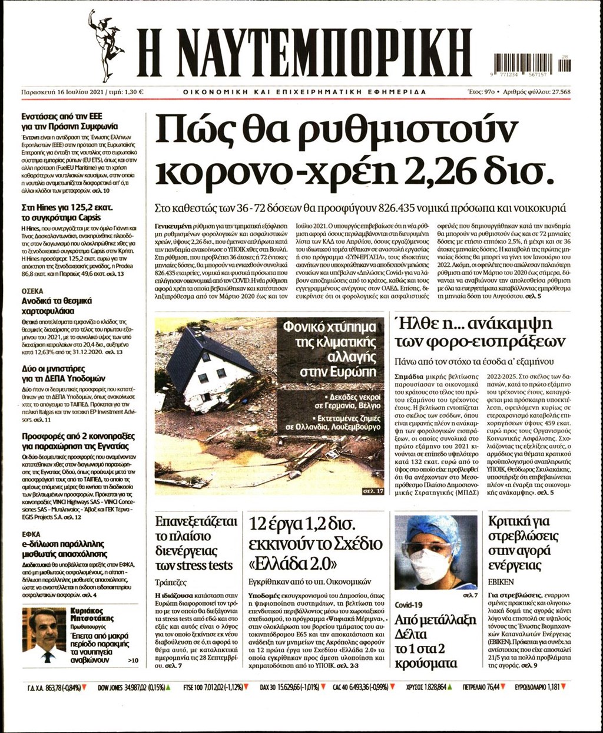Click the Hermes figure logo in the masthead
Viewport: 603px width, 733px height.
(105, 45)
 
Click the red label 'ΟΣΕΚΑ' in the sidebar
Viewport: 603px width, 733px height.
(32, 291)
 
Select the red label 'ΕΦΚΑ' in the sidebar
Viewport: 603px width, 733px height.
(31, 534)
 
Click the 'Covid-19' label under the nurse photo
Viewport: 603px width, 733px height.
(409, 605)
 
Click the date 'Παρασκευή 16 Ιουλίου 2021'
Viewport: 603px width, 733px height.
(63, 92)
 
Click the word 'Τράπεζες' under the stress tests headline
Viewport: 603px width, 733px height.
(170, 582)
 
